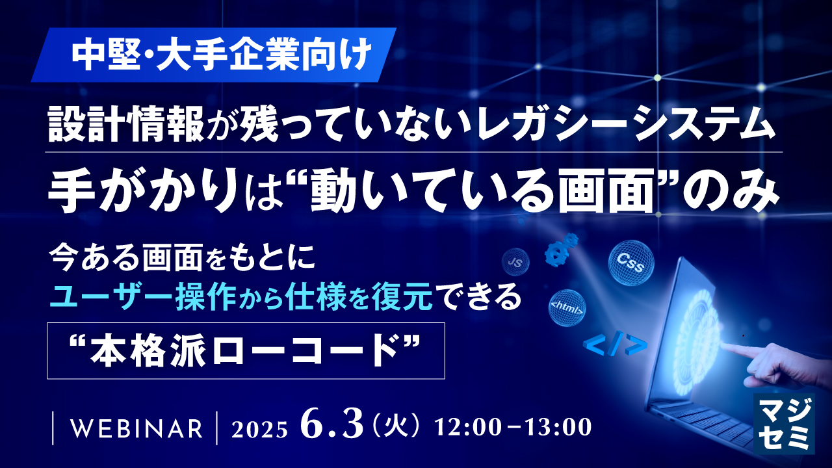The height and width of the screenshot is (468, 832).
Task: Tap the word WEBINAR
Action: pos(135,429)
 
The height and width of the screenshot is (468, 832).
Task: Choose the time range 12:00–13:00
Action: pos(513,428)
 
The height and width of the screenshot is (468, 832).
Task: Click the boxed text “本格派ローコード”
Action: pos(246,350)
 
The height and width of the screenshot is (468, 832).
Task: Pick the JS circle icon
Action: pos(515,263)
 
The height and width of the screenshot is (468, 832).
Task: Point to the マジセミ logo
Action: pos(784,422)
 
